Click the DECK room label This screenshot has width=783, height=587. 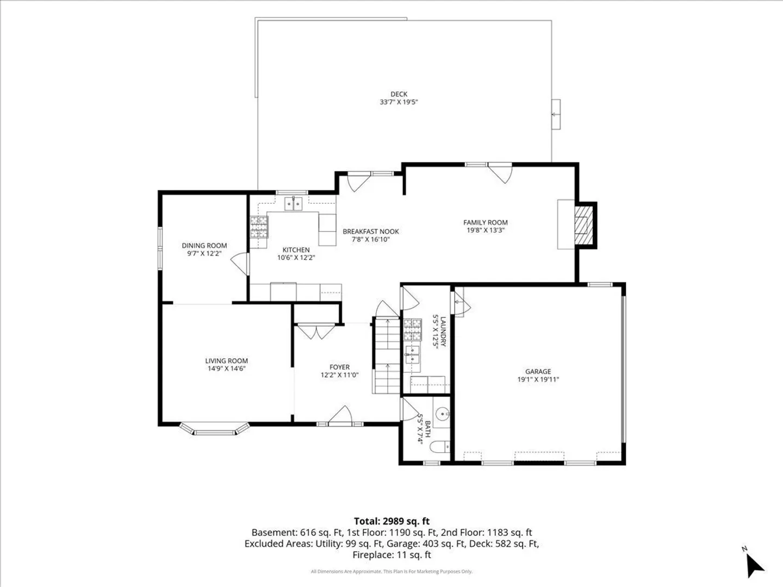(x=399, y=94)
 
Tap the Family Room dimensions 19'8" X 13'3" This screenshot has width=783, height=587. (x=486, y=230)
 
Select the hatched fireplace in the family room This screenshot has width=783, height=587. (x=583, y=225)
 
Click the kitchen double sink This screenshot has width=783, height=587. (x=293, y=203)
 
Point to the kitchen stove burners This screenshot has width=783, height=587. (x=259, y=227)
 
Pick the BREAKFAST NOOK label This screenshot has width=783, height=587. (x=371, y=232)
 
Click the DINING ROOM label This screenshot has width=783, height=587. (x=204, y=246)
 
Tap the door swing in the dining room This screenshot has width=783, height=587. (x=240, y=264)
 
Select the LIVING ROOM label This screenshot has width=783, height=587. (x=227, y=361)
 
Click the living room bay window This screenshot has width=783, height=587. (x=214, y=429)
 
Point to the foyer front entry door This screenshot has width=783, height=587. (x=340, y=416)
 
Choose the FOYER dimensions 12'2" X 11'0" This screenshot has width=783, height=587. (x=340, y=375)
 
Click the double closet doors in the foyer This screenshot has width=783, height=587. (x=316, y=332)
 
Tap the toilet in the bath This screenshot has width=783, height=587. (x=440, y=447)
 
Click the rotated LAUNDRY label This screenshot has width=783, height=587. (x=443, y=332)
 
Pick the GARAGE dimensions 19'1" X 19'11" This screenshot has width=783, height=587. (x=538, y=379)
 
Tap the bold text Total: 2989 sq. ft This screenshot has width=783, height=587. (x=391, y=521)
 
